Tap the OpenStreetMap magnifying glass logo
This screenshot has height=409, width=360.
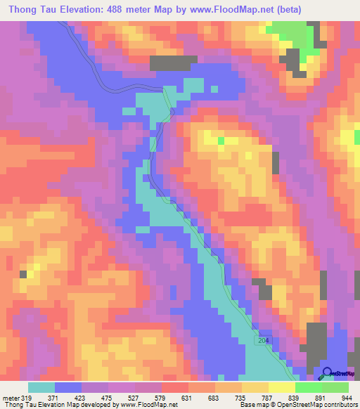point(327,374)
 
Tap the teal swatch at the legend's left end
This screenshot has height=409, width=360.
point(41,387)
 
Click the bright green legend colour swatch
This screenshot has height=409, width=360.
point(309,387)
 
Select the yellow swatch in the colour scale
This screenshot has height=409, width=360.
point(282,387)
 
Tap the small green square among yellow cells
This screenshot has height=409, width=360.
point(221,141)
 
